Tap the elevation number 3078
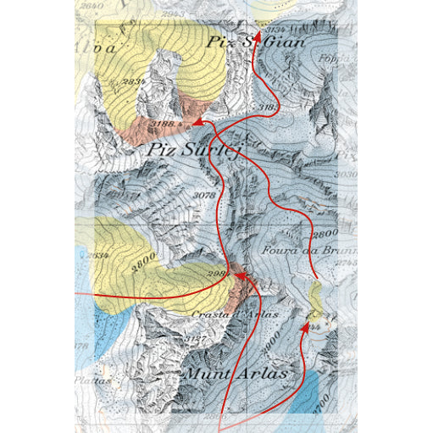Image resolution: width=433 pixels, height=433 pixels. point(206,196)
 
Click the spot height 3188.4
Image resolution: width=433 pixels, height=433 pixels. point(164,126)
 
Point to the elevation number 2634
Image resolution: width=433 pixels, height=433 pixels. point(97,254)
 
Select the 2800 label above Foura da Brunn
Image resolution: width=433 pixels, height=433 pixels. point(325,232)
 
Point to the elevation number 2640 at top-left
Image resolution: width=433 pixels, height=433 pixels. point(89,6)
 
